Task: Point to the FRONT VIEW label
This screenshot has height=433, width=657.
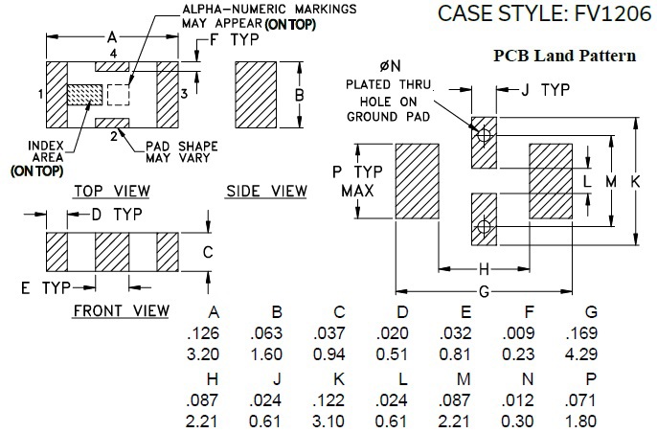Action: [121, 310]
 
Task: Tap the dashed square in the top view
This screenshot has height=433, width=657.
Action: [118, 95]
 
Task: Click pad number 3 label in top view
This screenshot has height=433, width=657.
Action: [184, 94]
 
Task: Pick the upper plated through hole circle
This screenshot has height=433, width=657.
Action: [485, 136]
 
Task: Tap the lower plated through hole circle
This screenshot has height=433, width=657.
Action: [485, 227]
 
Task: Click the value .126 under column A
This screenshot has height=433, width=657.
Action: [215, 332]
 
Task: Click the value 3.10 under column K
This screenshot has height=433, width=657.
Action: [338, 422]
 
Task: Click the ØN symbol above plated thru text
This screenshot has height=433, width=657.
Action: [390, 65]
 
